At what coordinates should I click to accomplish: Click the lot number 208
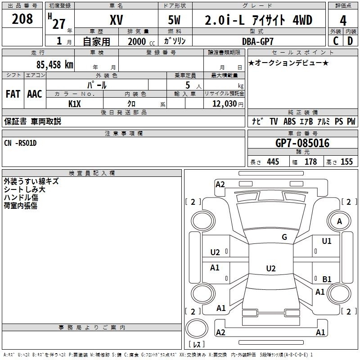22,19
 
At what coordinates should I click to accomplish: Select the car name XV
117,20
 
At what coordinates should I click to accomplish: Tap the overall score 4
343,21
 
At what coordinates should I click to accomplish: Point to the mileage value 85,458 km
54,65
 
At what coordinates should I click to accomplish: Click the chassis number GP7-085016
302,143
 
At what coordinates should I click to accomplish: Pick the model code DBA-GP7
258,41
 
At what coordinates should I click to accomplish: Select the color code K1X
75,104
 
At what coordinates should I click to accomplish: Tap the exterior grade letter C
336,41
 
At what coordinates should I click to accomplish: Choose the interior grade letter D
350,41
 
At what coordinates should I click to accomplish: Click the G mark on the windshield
284,237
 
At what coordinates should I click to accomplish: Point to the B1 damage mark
327,279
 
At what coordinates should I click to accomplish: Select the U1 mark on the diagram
327,241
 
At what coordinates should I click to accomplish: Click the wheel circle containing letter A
339,221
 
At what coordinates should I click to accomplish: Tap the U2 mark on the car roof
271,268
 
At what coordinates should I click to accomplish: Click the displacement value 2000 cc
141,42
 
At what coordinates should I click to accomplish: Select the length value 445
273,162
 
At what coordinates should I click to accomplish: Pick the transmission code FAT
13,94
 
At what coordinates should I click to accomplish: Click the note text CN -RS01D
20,143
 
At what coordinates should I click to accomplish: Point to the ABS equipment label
289,121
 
